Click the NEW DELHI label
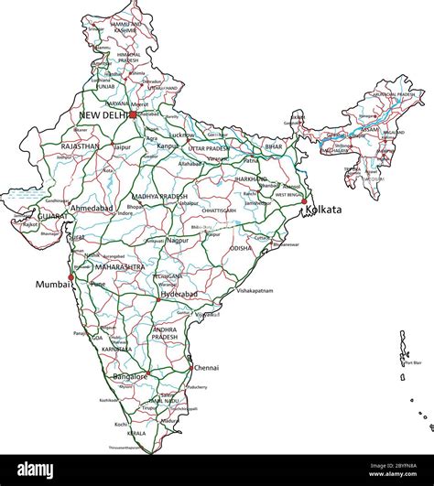coord(103,115)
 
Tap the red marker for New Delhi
coord(133,115)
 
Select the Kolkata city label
coord(325,210)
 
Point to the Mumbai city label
coord(51,285)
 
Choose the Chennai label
coord(206,367)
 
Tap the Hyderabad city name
coord(178,295)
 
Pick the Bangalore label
coord(129,376)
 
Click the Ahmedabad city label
coord(92,208)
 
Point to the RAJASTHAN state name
coord(80,146)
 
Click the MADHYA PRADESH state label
coord(159,197)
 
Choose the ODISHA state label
coord(240,248)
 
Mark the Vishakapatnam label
coord(255,290)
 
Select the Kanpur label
coord(168,146)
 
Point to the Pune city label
coord(98,285)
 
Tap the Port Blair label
coord(413,363)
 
